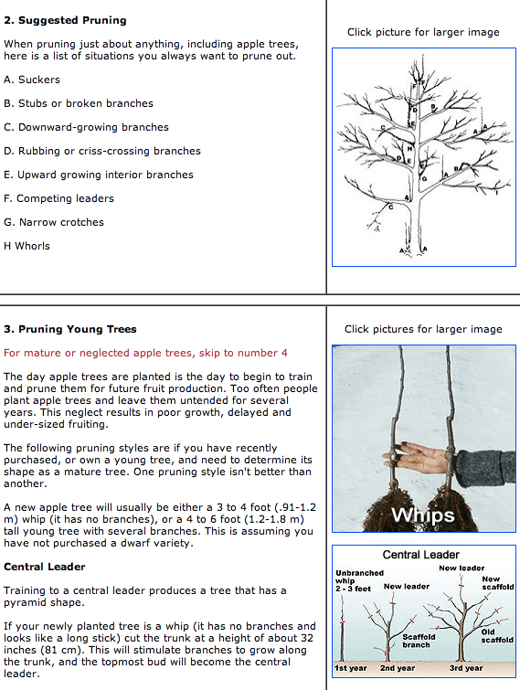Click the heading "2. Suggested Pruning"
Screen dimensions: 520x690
coord(65,20)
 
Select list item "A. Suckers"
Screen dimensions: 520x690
coord(32,80)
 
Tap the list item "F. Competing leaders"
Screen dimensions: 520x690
coord(58,198)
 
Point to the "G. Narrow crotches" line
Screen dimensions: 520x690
coord(54,222)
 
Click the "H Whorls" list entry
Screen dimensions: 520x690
coord(27,246)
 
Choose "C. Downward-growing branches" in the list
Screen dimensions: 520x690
coord(86,127)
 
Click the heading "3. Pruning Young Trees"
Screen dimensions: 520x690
coord(70,329)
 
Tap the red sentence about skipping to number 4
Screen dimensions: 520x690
coord(145,353)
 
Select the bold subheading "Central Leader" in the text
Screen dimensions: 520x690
coord(45,567)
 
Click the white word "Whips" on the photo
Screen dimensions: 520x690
coord(423,515)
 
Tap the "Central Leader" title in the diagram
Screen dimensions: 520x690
coord(421,555)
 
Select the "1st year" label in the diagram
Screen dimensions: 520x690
coord(350,668)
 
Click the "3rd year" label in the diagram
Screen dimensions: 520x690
coord(466,668)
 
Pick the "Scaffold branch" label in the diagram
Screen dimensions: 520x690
coord(419,641)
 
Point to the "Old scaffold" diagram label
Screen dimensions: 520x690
coord(497,636)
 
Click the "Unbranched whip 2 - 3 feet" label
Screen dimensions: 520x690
coord(359,581)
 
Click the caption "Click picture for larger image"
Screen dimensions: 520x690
coord(423,32)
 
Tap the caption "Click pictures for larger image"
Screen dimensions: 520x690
coord(423,329)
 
